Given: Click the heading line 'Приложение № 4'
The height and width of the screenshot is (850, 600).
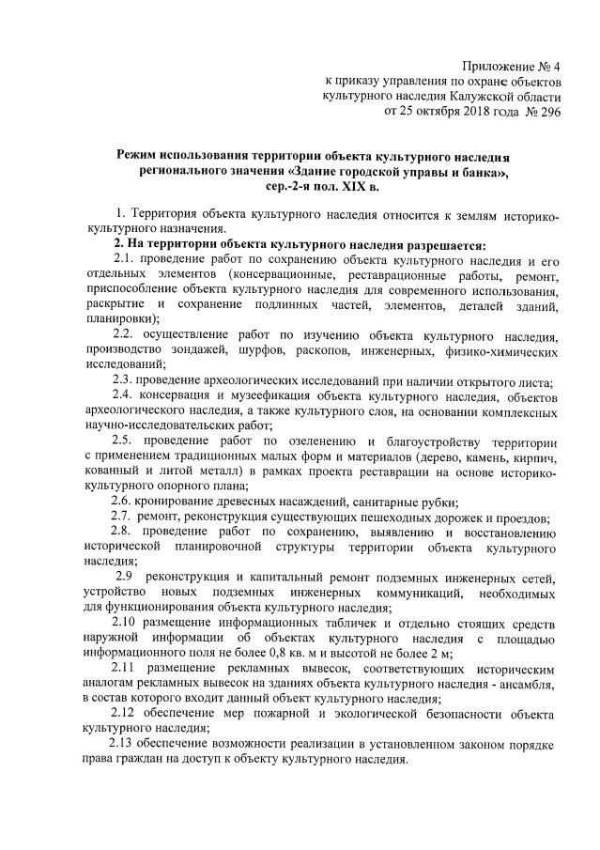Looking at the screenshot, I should (x=511, y=66).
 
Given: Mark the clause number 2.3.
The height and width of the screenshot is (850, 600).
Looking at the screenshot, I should (x=124, y=379).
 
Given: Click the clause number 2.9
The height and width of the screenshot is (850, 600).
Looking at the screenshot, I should (x=125, y=576).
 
